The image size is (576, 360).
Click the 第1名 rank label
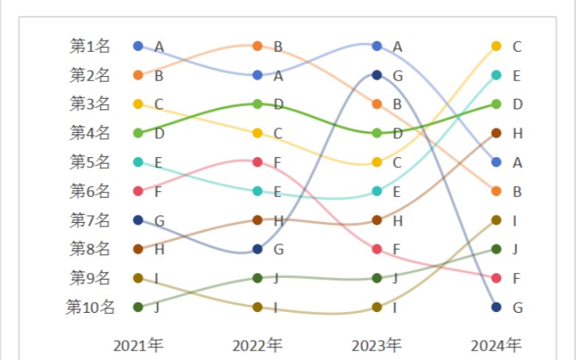tap(90, 46)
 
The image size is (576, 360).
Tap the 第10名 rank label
tap(91, 308)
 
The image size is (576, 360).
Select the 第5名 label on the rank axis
tap(90, 162)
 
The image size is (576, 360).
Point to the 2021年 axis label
tap(138, 345)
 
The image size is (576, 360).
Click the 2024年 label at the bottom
tap(496, 345)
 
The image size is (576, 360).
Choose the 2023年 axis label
tap(377, 345)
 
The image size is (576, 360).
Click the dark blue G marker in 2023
tap(377, 75)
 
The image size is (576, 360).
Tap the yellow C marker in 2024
tap(496, 46)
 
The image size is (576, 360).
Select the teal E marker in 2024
tap(496, 75)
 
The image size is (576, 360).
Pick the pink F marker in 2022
tap(257, 162)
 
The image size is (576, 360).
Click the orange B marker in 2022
tap(257, 46)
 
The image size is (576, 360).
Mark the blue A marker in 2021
tap(138, 46)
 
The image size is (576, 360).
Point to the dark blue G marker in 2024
tap(496, 307)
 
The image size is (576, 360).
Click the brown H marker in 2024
tap(496, 133)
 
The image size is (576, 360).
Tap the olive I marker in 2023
tap(377, 307)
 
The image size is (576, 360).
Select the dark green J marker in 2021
tap(138, 307)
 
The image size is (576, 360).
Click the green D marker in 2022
tap(257, 104)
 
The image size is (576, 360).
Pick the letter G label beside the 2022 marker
tap(278, 249)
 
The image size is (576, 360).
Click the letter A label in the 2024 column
tap(517, 162)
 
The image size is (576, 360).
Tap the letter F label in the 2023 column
tap(398, 249)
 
